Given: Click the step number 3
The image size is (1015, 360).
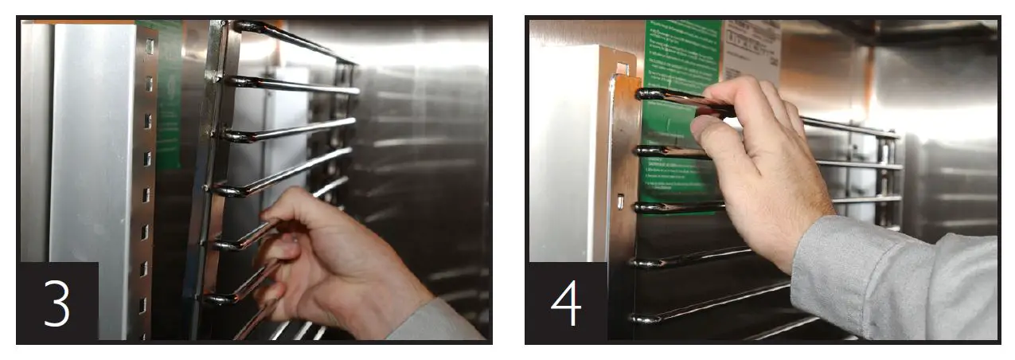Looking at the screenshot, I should pos(57,303).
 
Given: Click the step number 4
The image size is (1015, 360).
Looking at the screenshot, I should pos(567,303).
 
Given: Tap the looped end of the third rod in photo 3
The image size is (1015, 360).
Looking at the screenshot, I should pos(231,136).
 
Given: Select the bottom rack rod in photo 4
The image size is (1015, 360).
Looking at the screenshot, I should pos(716,307).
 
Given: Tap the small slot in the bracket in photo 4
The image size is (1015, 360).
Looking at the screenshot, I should pos(620,202).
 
